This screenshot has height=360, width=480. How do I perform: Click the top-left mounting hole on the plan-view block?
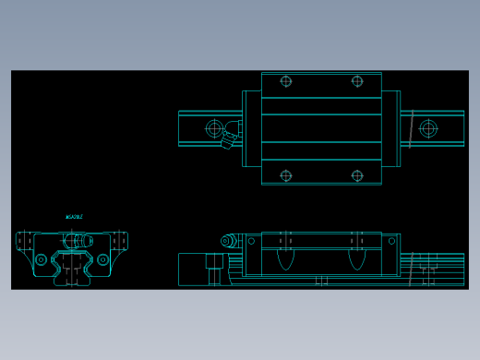[286, 81]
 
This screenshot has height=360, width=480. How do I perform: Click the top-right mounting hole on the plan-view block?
[357, 81]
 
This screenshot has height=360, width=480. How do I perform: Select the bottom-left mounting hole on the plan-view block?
[286, 175]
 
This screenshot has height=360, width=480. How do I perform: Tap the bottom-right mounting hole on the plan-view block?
[357, 175]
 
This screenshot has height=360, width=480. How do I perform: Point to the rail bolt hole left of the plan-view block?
[215, 128]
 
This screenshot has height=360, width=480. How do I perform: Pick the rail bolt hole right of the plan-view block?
[428, 128]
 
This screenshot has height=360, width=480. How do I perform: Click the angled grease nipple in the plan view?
[228, 139]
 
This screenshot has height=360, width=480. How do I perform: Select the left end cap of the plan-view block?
[251, 128]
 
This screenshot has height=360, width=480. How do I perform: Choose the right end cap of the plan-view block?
[390, 128]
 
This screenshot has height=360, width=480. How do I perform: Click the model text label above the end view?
[74, 217]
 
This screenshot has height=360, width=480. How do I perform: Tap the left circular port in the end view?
[41, 259]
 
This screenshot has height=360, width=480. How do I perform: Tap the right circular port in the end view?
[102, 259]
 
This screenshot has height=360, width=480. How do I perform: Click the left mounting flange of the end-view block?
[24, 241]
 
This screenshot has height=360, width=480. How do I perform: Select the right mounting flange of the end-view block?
[119, 241]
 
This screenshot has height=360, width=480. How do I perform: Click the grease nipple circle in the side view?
[226, 241]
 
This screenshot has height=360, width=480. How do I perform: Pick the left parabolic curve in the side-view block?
[286, 258]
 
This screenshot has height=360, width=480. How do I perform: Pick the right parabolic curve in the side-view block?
[357, 258]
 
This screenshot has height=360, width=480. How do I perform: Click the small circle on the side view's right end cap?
[391, 241]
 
